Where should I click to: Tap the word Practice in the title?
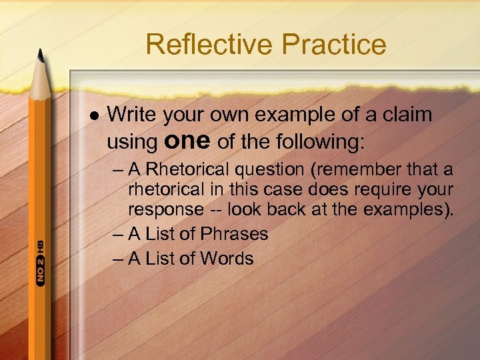[333, 45]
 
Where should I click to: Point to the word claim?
[407, 115]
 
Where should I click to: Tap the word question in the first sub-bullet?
[271, 170]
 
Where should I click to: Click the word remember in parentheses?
[363, 170]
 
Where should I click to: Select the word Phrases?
[234, 234]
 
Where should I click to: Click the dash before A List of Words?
[118, 258]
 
